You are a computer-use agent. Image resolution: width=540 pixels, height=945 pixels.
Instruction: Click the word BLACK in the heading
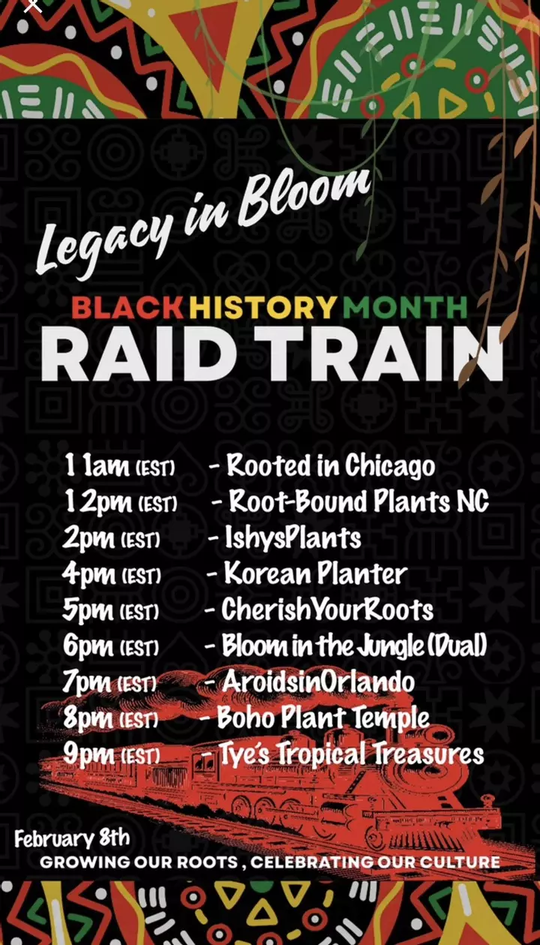(127, 308)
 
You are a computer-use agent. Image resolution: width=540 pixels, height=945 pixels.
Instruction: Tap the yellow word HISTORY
(263, 308)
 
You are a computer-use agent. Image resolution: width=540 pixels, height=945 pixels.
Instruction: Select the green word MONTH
(405, 308)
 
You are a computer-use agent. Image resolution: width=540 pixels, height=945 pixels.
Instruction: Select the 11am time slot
(120, 466)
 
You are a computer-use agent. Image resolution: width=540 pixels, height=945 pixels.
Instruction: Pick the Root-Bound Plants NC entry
(358, 502)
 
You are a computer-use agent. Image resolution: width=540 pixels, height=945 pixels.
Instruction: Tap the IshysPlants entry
(293, 538)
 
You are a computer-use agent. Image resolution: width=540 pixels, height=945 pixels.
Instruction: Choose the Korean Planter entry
(315, 573)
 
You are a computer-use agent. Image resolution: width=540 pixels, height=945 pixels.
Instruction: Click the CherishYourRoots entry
(327, 610)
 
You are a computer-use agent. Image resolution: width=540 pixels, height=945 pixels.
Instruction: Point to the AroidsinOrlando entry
(318, 682)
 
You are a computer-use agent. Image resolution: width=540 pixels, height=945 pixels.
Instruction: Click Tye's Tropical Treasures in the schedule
(351, 754)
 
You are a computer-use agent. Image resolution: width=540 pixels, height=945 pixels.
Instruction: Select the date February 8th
(72, 838)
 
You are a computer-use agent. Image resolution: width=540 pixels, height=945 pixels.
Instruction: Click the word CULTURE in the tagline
(460, 862)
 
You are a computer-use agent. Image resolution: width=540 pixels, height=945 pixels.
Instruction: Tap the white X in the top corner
(33, 5)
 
